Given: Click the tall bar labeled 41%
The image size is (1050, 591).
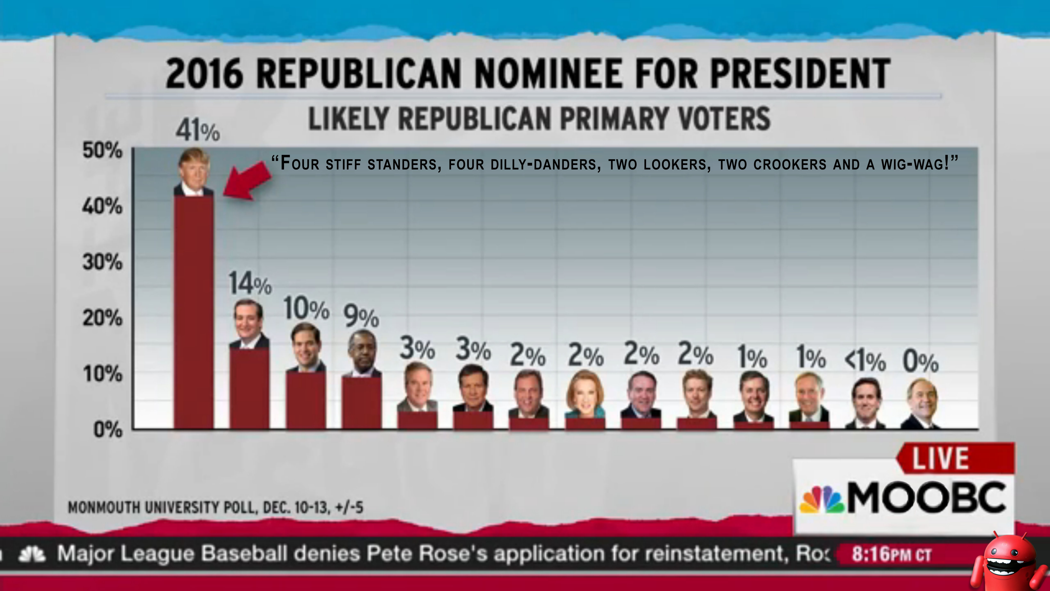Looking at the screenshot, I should click(x=194, y=312).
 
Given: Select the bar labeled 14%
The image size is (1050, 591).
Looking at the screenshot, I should click(x=249, y=387).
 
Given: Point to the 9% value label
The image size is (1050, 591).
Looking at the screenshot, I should click(x=361, y=316).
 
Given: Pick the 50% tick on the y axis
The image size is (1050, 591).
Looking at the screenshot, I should click(x=102, y=150).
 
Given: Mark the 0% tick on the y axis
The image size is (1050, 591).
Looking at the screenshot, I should click(x=108, y=430).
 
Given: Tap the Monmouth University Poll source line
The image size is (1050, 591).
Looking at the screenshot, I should click(x=215, y=508).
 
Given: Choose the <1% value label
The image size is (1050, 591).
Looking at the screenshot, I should click(x=865, y=361).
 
